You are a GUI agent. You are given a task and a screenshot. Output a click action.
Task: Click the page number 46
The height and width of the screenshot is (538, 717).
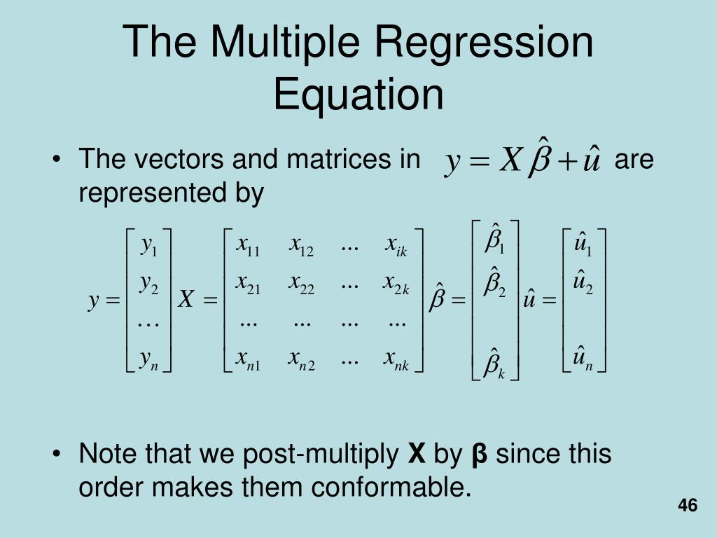pyautogui.click(x=688, y=506)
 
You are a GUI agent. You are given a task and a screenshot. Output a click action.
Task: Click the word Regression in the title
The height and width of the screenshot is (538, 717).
pyautogui.click(x=484, y=42)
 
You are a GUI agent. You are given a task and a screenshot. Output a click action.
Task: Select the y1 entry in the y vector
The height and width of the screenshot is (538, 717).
pyautogui.click(x=148, y=246)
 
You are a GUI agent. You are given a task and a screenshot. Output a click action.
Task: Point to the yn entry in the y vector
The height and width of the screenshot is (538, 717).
pyautogui.click(x=148, y=360)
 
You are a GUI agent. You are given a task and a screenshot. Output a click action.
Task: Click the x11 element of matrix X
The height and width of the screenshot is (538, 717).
pyautogui.click(x=248, y=246)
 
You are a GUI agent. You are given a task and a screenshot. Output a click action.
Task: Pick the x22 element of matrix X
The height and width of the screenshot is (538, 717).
pyautogui.click(x=302, y=284)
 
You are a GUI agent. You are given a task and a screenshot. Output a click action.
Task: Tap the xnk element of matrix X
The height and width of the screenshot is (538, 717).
pyautogui.click(x=396, y=360)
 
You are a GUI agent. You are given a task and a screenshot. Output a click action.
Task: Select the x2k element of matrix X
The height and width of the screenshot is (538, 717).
pyautogui.click(x=396, y=284)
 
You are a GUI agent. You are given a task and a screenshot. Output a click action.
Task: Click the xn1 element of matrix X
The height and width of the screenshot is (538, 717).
pyautogui.click(x=248, y=360)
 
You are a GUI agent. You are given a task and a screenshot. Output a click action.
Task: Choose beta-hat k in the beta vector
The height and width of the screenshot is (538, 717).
pyautogui.click(x=495, y=364)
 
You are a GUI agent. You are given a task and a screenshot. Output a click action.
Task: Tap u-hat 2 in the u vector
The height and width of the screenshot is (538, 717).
pyautogui.click(x=583, y=284)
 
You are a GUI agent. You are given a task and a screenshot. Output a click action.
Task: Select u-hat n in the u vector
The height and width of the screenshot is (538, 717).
pyautogui.click(x=583, y=360)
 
